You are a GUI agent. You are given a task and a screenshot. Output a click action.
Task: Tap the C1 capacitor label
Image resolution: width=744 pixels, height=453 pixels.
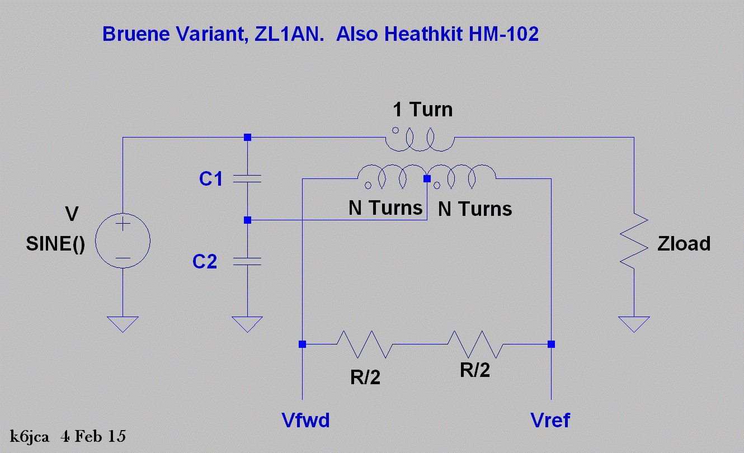(211, 180)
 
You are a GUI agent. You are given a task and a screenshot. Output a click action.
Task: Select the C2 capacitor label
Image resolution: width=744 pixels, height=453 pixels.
(205, 261)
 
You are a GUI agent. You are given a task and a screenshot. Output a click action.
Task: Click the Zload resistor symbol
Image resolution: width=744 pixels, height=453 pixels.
(634, 243)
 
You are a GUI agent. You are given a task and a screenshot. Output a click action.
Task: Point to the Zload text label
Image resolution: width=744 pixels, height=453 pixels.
(683, 243)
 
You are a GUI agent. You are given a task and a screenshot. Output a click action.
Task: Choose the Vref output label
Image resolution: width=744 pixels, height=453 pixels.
(550, 420)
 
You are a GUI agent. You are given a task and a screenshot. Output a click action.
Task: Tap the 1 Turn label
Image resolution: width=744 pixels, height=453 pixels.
(422, 110)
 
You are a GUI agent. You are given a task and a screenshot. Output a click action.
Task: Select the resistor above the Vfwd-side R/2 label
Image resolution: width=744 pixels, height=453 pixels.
(364, 344)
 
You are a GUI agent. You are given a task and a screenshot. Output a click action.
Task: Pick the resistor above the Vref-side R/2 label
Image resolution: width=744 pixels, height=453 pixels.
(475, 344)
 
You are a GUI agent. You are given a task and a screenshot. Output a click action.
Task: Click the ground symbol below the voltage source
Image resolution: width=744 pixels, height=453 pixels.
(123, 323)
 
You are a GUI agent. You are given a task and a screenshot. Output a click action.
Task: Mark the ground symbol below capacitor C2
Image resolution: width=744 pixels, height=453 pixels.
(247, 323)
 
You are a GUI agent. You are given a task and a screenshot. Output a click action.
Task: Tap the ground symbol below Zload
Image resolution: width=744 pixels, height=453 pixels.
(634, 323)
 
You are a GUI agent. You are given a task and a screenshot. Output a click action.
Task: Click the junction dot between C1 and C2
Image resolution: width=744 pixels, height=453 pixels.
(247, 220)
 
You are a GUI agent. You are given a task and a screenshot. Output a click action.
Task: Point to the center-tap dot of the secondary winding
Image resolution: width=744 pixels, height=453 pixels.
(427, 179)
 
